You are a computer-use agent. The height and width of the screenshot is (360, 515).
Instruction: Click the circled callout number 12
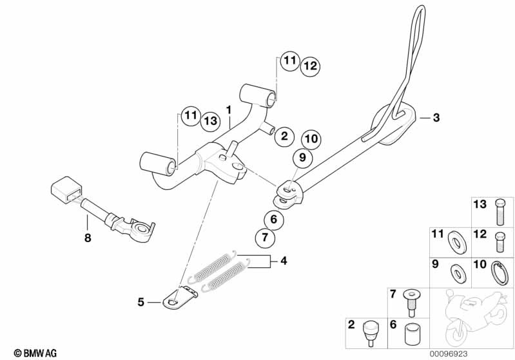point(311,66)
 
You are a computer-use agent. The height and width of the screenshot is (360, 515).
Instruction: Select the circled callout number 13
point(211,121)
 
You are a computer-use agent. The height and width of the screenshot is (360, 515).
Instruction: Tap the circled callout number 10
point(311,139)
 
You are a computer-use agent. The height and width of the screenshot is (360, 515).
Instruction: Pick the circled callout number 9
point(302,158)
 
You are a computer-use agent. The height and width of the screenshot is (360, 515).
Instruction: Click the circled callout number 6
point(274,219)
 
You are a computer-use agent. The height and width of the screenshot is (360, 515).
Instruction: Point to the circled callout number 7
point(265,237)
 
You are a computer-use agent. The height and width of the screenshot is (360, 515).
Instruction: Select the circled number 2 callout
point(284,136)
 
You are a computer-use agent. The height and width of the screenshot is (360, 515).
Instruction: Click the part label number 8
point(88,238)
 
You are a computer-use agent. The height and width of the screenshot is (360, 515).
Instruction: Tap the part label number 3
point(436,117)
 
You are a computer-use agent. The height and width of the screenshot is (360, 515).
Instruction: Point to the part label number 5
point(141,302)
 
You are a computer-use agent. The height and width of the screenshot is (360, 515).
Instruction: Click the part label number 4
point(284,261)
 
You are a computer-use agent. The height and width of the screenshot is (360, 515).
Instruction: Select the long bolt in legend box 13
point(500,213)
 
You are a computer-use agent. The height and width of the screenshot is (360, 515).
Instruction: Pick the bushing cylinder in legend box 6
point(413,334)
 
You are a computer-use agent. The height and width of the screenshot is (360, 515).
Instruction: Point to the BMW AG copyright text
point(35,353)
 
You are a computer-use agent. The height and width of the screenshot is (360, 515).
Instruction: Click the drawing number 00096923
point(449,354)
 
